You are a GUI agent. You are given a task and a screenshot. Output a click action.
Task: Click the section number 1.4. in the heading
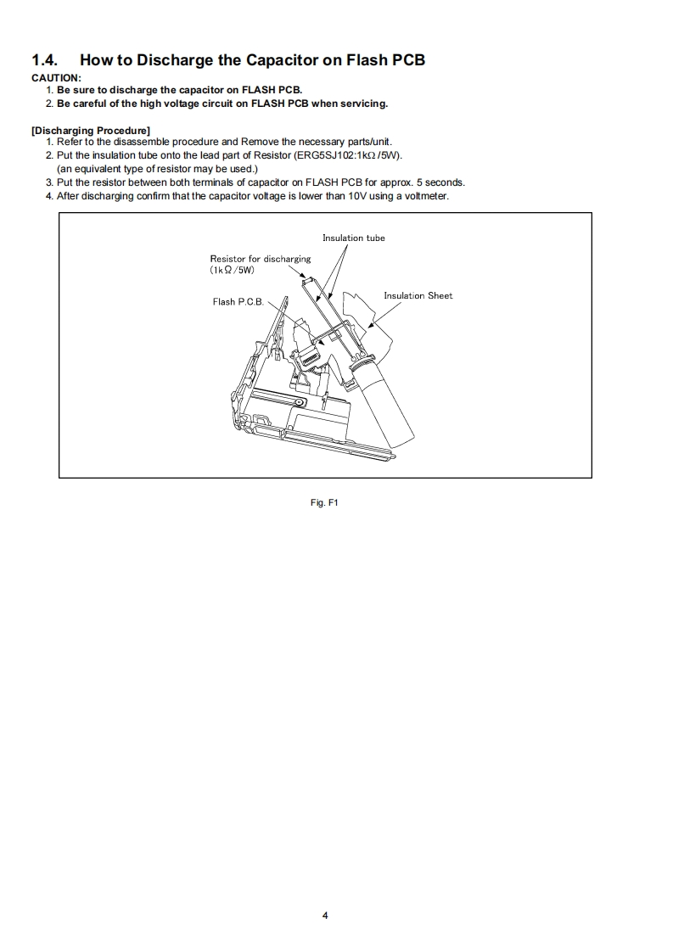45,60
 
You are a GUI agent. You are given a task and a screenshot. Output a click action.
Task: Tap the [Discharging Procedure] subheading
90,130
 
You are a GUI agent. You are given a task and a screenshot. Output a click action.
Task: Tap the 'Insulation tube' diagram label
353,238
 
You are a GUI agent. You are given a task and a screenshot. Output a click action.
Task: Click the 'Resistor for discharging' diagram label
261,259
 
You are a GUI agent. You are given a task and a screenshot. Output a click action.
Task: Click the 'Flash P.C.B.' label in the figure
238,302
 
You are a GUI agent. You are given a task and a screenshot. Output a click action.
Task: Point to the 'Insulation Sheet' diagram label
418,296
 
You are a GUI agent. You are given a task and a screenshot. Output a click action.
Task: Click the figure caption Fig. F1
325,503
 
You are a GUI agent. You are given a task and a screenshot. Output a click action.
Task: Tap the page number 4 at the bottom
325,916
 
